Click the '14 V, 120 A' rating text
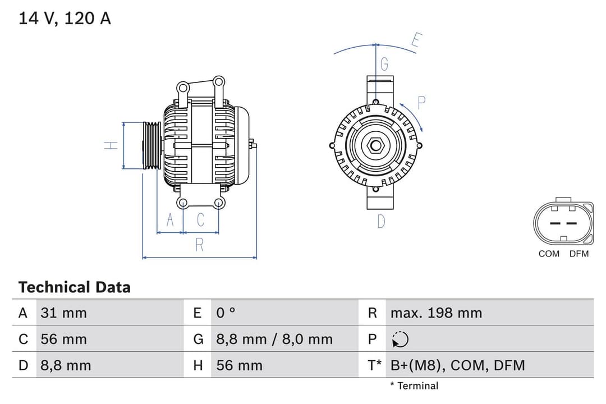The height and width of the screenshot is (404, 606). tap(65, 18)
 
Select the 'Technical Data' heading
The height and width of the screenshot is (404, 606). tap(74, 287)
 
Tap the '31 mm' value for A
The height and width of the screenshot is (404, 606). tap(63, 313)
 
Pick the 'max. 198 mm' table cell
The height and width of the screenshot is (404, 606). tap(436, 313)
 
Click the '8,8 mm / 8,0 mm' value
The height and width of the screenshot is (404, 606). tap(274, 339)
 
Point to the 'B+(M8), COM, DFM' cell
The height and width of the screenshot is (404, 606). tap(457, 365)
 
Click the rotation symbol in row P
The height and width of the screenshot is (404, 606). tap(400, 339)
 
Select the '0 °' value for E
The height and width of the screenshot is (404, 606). tap(226, 313)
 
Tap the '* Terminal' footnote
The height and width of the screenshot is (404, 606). tap(414, 385)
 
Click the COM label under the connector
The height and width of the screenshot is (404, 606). tap(549, 254)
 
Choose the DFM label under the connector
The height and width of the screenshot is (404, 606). tap(579, 254)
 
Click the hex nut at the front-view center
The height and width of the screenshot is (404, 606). tap(375, 146)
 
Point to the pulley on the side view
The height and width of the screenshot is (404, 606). tap(151, 145)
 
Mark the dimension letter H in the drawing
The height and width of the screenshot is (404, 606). tap(111, 145)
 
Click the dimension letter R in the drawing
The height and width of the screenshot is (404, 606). tap(199, 245)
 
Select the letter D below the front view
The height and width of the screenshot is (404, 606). tap(381, 222)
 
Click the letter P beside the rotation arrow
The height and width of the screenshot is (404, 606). tap(422, 102)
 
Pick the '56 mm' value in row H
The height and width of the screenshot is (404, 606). tap(239, 365)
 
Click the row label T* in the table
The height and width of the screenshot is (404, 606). tap(374, 365)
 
